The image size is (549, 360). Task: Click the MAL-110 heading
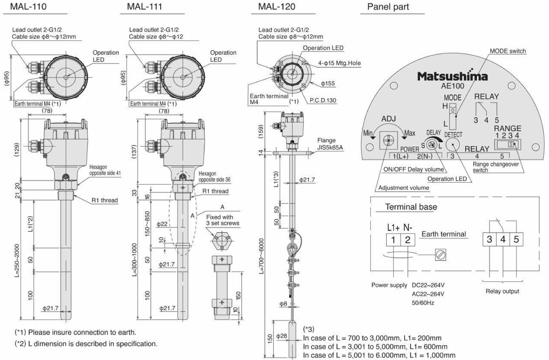pyautogui.click(x=28, y=7)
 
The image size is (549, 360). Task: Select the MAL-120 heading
pyautogui.click(x=277, y=7)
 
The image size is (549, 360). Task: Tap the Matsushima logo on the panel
pyautogui.click(x=452, y=76)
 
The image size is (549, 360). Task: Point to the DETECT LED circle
pyautogui.click(x=453, y=145)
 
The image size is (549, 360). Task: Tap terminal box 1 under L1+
pyautogui.click(x=393, y=240)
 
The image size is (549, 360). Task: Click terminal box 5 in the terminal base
pyautogui.click(x=516, y=240)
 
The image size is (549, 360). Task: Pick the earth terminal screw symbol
pyautogui.click(x=440, y=255)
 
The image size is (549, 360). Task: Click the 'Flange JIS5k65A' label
pyautogui.click(x=330, y=144)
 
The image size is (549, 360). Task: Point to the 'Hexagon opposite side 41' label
pyautogui.click(x=105, y=170)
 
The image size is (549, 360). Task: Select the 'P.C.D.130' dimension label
pyautogui.click(x=323, y=100)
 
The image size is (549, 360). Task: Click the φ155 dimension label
pyautogui.click(x=328, y=84)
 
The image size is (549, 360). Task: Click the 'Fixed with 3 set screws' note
pyautogui.click(x=222, y=220)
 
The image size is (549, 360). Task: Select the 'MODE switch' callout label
pyautogui.click(x=507, y=51)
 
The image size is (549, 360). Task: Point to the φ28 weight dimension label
pyautogui.click(x=281, y=336)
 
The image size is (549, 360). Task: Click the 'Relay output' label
pyautogui.click(x=502, y=291)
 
